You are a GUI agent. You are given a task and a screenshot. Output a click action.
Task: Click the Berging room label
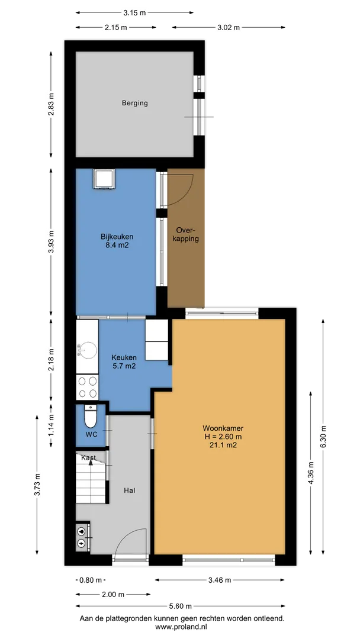click(x=134, y=103)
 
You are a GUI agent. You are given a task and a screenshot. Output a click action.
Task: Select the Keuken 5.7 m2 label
click(x=124, y=362)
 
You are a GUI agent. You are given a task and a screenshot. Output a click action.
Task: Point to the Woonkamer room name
click(x=223, y=428)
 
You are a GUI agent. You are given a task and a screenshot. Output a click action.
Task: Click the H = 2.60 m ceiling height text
click(x=223, y=437)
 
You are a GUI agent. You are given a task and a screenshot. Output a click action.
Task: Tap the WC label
click(x=91, y=434)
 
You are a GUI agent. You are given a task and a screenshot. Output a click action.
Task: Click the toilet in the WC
click(x=90, y=415)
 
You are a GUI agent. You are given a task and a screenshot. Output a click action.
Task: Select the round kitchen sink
click(x=87, y=350)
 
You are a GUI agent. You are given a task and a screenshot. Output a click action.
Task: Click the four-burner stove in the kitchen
click(x=87, y=387)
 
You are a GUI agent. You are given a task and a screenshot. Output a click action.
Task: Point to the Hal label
click(x=130, y=490)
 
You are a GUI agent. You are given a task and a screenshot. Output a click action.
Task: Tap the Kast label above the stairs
click(x=88, y=458)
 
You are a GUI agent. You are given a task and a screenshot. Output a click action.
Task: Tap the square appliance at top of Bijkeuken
click(x=104, y=179)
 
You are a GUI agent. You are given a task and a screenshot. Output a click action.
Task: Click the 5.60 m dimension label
click(x=180, y=606)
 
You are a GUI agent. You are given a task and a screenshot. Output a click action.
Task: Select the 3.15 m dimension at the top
click(x=134, y=12)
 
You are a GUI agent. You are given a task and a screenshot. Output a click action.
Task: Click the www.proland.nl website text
click(x=182, y=626)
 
